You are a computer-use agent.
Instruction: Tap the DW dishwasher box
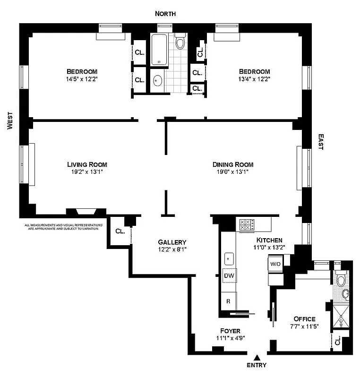(x=229, y=275)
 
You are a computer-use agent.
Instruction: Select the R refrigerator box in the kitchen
(x=229, y=301)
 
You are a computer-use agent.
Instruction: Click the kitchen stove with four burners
(x=247, y=224)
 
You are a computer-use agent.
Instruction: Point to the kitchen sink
(x=229, y=258)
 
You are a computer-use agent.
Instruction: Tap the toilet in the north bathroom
(x=180, y=43)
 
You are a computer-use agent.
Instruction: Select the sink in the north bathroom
(x=157, y=81)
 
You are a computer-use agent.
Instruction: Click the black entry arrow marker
(x=257, y=357)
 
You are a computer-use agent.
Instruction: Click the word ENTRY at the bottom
(x=257, y=365)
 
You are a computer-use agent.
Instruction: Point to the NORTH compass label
(x=166, y=14)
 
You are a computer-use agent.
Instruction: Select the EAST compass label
(x=320, y=142)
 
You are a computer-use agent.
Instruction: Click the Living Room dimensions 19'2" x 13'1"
(x=87, y=172)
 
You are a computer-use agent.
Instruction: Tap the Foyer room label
(x=230, y=331)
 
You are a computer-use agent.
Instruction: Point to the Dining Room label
(x=233, y=164)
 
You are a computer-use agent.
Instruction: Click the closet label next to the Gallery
(x=120, y=232)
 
